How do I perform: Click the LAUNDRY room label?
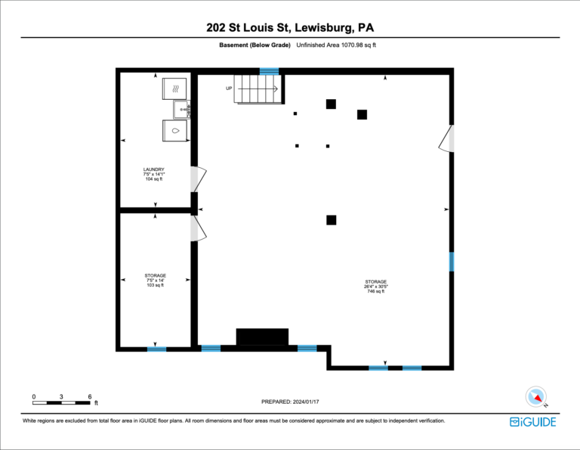coord(154,169)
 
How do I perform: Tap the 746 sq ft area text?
coord(376,291)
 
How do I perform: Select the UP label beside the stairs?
coord(229,88)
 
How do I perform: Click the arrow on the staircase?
coord(258,89)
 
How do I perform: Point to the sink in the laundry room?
coord(181,110)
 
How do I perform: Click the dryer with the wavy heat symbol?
coord(174,88)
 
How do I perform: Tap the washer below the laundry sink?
coord(174,131)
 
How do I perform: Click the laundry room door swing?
coord(199,179)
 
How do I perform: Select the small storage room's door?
coord(199,228)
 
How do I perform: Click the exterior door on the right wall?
coord(446,138)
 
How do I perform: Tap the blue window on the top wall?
coord(269,72)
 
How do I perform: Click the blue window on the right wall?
coord(452,262)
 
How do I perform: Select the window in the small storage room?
coord(157,349)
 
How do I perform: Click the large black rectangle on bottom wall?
coord(262,337)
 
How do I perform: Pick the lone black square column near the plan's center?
coord(331,220)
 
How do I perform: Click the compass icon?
coord(536,396)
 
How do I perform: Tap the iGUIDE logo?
coord(532,422)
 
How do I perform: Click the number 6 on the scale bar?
coord(90,396)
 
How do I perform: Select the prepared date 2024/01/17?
coord(306,402)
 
